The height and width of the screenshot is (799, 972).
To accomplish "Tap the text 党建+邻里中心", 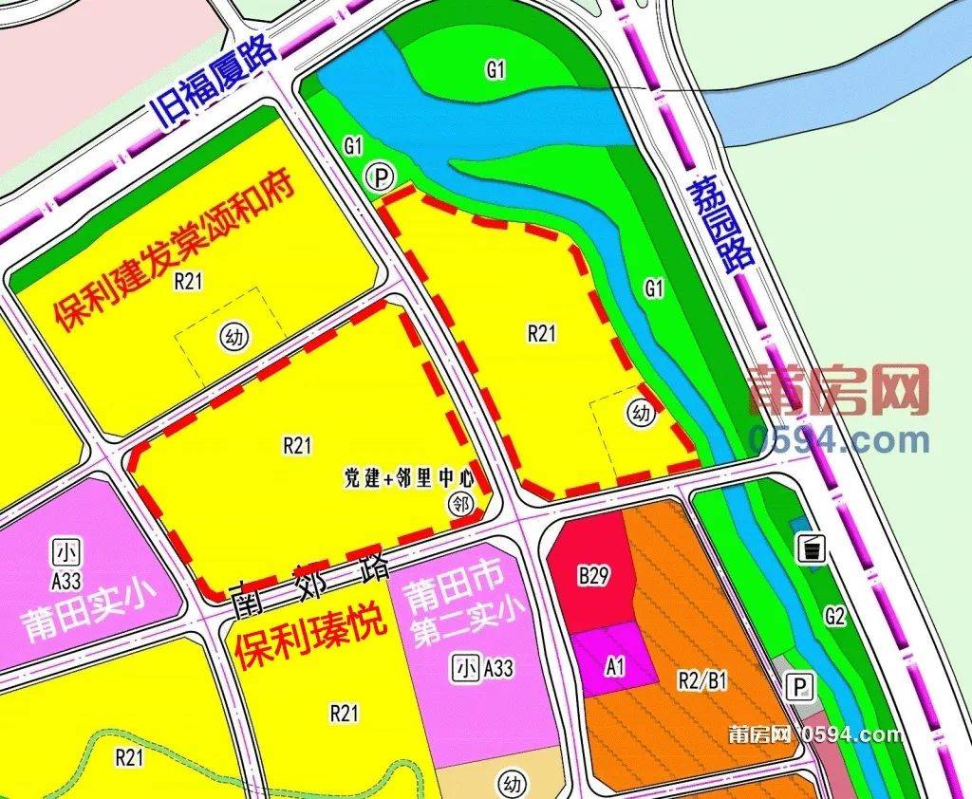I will (408, 478).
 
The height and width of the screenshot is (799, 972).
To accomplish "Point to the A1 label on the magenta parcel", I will (615, 667).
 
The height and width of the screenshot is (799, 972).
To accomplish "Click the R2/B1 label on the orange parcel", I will (702, 679).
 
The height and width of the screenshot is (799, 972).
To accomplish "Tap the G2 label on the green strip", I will (834, 616).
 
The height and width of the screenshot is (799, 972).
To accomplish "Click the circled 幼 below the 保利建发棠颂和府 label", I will (229, 334).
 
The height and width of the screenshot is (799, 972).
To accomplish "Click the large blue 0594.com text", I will (838, 440).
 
